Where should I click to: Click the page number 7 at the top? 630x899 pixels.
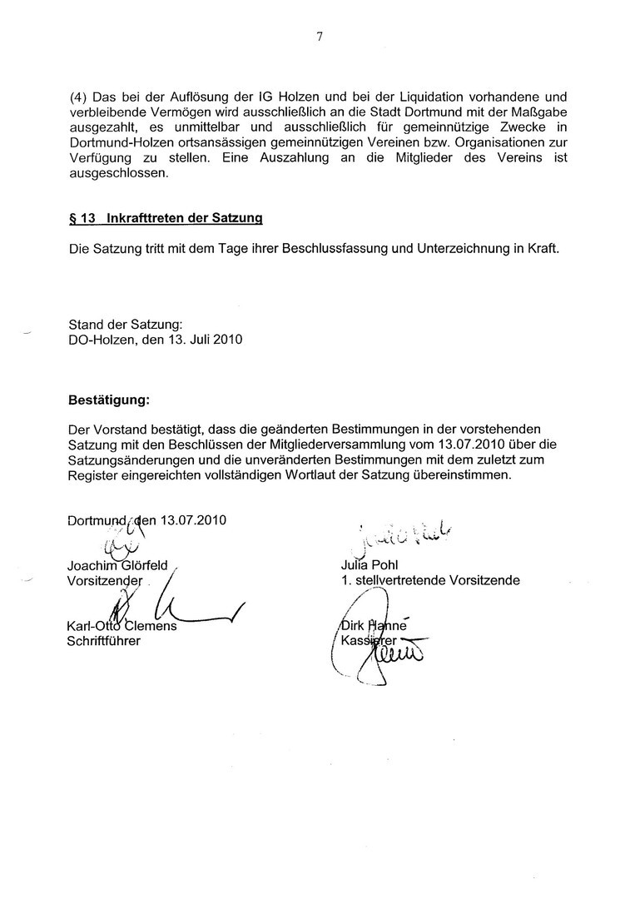(x=318, y=36)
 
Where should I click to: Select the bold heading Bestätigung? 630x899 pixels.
(x=108, y=400)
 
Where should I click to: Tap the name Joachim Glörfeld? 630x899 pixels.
(x=117, y=565)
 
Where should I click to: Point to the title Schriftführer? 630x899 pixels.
(x=104, y=641)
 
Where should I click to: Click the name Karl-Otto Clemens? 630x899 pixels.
(x=122, y=626)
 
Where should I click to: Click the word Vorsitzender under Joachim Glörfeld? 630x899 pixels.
(x=105, y=580)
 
